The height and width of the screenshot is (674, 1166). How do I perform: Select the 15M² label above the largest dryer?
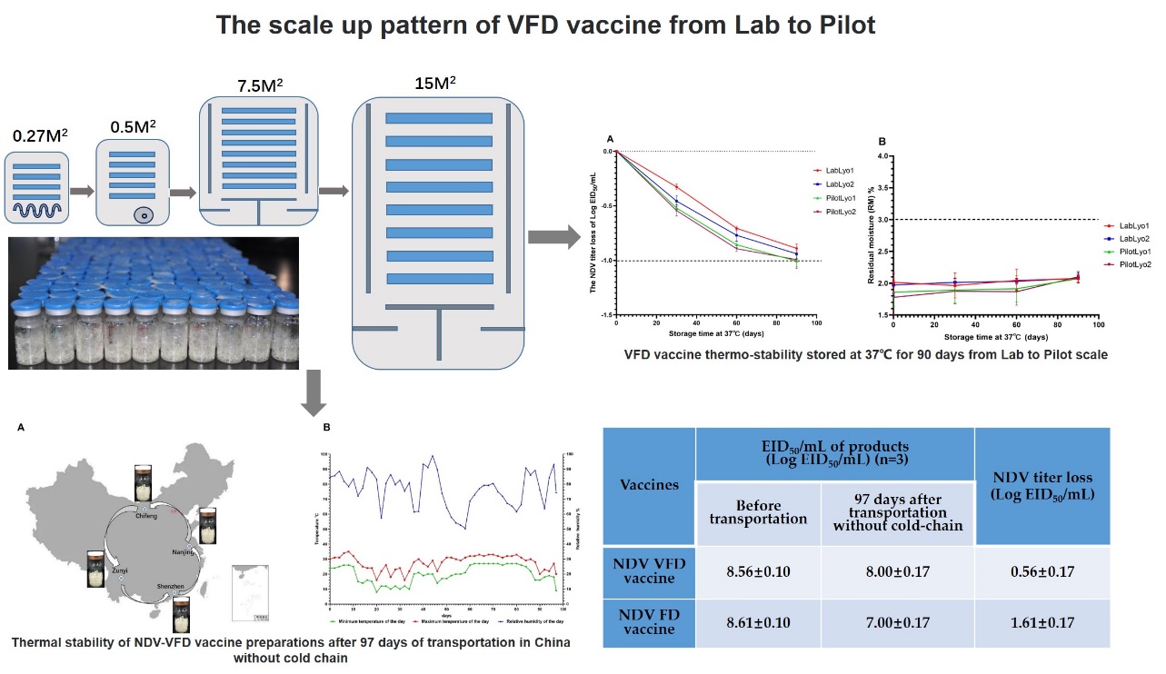click(434, 84)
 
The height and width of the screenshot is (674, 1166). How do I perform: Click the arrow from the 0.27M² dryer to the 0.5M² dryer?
click(81, 192)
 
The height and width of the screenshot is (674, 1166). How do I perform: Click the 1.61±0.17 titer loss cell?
click(1041, 623)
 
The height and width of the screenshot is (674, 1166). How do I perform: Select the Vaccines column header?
click(649, 484)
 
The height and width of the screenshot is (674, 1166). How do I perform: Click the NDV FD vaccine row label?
click(649, 623)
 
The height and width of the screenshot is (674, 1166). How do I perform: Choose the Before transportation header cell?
click(758, 513)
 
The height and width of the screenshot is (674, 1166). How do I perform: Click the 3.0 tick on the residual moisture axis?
click(880, 219)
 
